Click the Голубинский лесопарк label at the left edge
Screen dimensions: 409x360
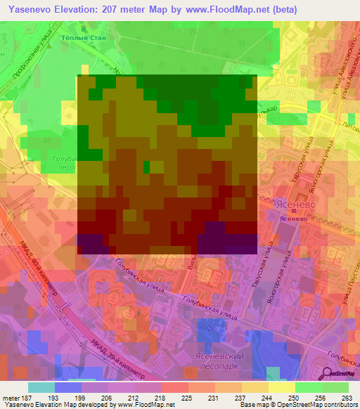pyautogui.click(x=65, y=164)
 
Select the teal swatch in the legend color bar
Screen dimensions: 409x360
pyautogui.click(x=41, y=387)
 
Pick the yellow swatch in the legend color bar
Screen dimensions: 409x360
pyautogui.click(x=282, y=387)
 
